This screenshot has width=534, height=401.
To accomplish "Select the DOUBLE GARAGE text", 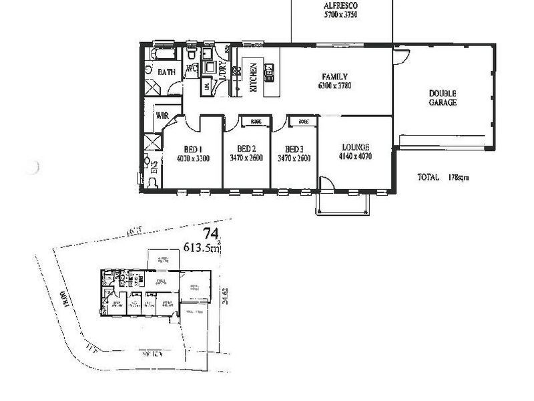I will pos(443,98).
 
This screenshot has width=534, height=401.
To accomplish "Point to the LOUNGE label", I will pos(355,148).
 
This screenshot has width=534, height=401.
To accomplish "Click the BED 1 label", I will pos(193,149).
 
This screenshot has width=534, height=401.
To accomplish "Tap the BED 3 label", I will pos(294,148).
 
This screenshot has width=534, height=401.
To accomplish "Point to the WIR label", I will pos(162,115).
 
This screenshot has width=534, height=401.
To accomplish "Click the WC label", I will pos(191,69).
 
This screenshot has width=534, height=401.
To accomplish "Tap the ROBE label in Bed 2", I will pos(256,122).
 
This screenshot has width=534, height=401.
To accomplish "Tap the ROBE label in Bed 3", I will pos(304,122).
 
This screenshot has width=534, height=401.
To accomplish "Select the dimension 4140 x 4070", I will pos(355,157).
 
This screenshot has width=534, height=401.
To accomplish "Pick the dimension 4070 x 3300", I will pos(194,158).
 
